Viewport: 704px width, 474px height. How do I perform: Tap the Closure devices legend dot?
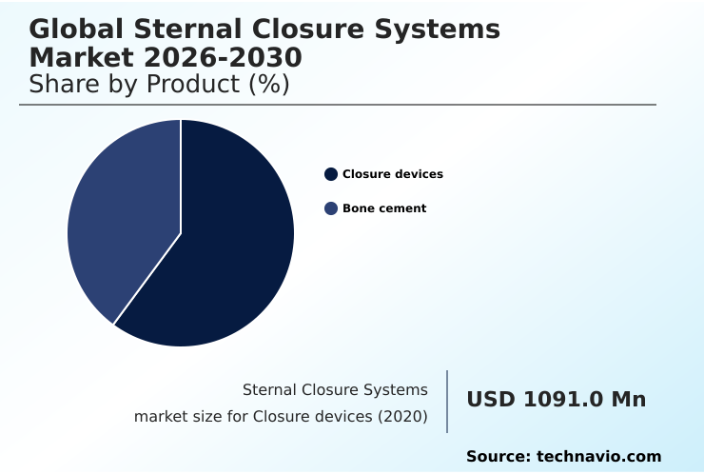[331, 174]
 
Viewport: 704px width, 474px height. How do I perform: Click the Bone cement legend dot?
[331, 208]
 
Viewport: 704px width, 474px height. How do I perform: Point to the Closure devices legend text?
[393, 174]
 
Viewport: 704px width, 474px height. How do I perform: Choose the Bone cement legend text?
[384, 208]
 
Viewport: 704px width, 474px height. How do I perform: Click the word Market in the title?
[80, 58]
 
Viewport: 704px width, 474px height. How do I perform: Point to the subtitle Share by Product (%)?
[159, 85]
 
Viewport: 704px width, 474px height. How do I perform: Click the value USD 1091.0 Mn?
[556, 400]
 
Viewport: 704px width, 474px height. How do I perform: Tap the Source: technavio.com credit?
[563, 457]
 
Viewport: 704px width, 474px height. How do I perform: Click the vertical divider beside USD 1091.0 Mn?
[447, 402]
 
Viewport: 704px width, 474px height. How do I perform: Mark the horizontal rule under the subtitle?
[338, 105]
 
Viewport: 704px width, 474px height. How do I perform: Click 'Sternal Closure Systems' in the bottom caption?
[335, 390]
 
